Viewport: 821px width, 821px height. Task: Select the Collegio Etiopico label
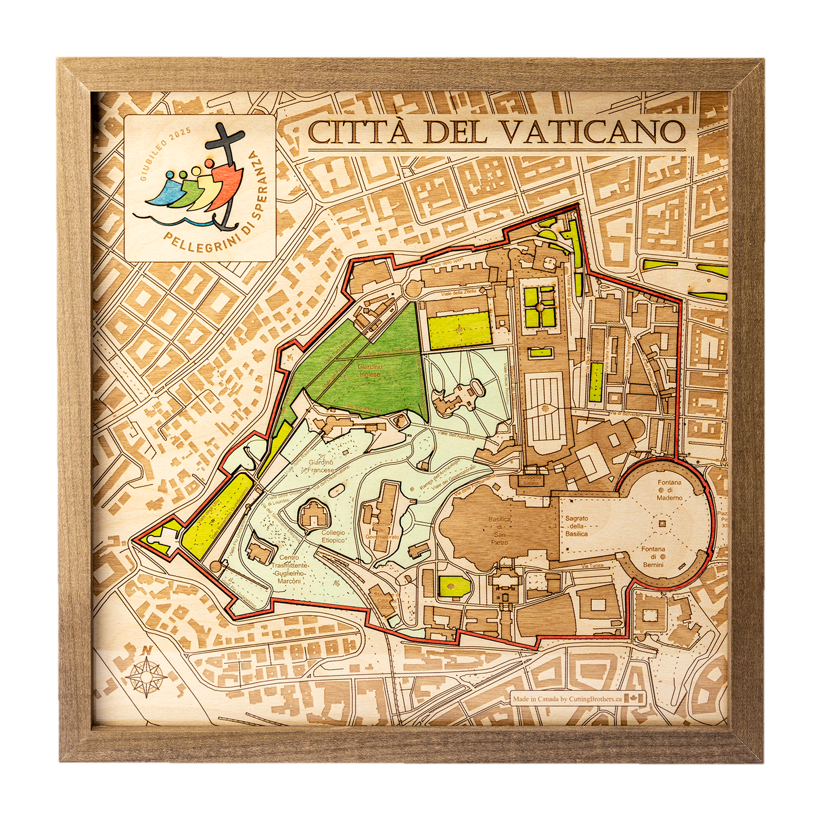pos(333,536)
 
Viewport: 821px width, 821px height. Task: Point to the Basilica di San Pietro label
pos(499,531)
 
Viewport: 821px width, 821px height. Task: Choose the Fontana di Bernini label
pos(654,557)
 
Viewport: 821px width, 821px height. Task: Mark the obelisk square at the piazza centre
pos(662,524)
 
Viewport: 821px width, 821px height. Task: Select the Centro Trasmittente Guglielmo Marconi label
pos(289,569)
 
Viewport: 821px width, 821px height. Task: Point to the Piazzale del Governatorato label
pos(382,531)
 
